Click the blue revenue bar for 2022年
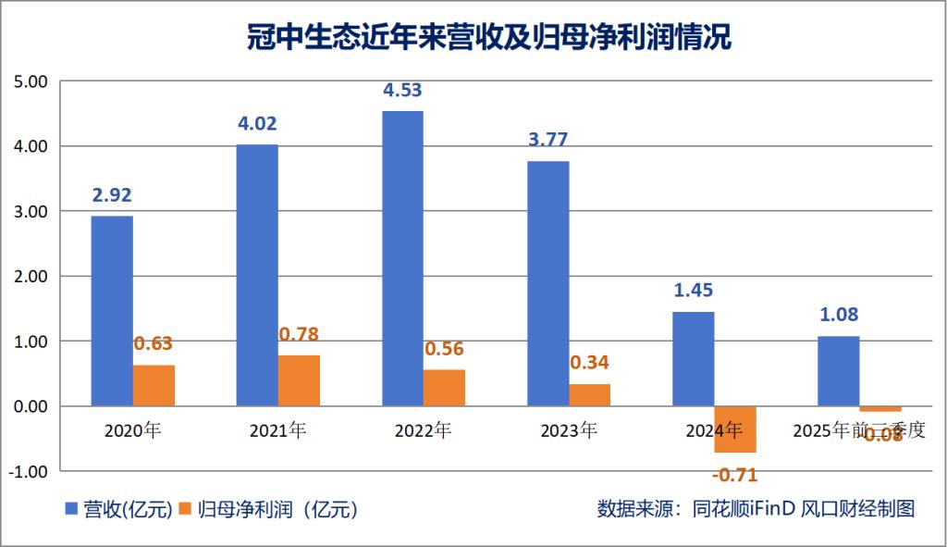(402, 258)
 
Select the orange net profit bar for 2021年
(299, 380)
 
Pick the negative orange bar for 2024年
(735, 429)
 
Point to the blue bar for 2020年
(112, 311)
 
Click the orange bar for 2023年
(589, 395)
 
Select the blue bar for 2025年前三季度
(838, 371)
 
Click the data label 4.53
(402, 91)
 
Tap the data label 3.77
(547, 141)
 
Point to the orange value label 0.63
(154, 344)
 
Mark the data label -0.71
(735, 476)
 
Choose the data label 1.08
(838, 315)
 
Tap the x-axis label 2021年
(277, 430)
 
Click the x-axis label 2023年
(568, 430)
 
